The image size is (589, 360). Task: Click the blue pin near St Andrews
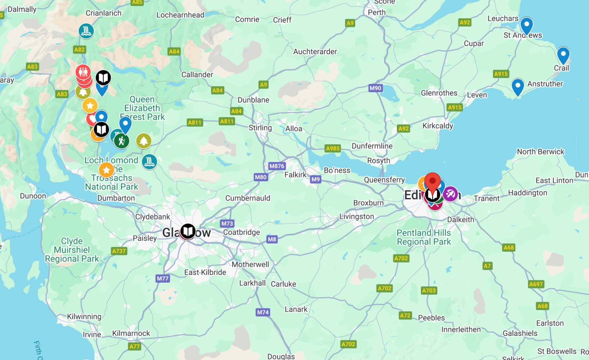pyautogui.click(x=526, y=25)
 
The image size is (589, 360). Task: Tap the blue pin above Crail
pyautogui.click(x=563, y=54)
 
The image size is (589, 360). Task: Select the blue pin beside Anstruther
pyautogui.click(x=518, y=86)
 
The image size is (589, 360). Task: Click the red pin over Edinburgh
pyautogui.click(x=433, y=182)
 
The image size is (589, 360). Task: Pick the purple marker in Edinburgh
pyautogui.click(x=450, y=193)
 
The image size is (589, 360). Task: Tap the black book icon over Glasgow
pyautogui.click(x=188, y=231)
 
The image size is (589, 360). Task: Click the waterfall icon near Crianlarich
pyautogui.click(x=86, y=31)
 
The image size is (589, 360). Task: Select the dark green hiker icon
pyautogui.click(x=121, y=141)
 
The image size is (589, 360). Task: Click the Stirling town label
pyautogui.click(x=260, y=128)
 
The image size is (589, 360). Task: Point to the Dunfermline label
pyautogui.click(x=372, y=146)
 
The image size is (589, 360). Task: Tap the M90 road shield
pyautogui.click(x=375, y=88)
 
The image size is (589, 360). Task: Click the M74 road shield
pyautogui.click(x=263, y=312)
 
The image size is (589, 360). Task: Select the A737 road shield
pyautogui.click(x=119, y=251)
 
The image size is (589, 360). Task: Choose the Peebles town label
pyautogui.click(x=431, y=318)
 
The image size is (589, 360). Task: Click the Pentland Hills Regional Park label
pyautogui.click(x=424, y=237)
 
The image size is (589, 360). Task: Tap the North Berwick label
pyautogui.click(x=540, y=152)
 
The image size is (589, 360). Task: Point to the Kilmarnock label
pyautogui.click(x=131, y=333)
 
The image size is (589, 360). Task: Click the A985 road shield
pyautogui.click(x=333, y=148)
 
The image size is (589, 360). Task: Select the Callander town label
pyautogui.click(x=197, y=74)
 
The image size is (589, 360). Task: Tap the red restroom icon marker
pyautogui.click(x=83, y=71)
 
